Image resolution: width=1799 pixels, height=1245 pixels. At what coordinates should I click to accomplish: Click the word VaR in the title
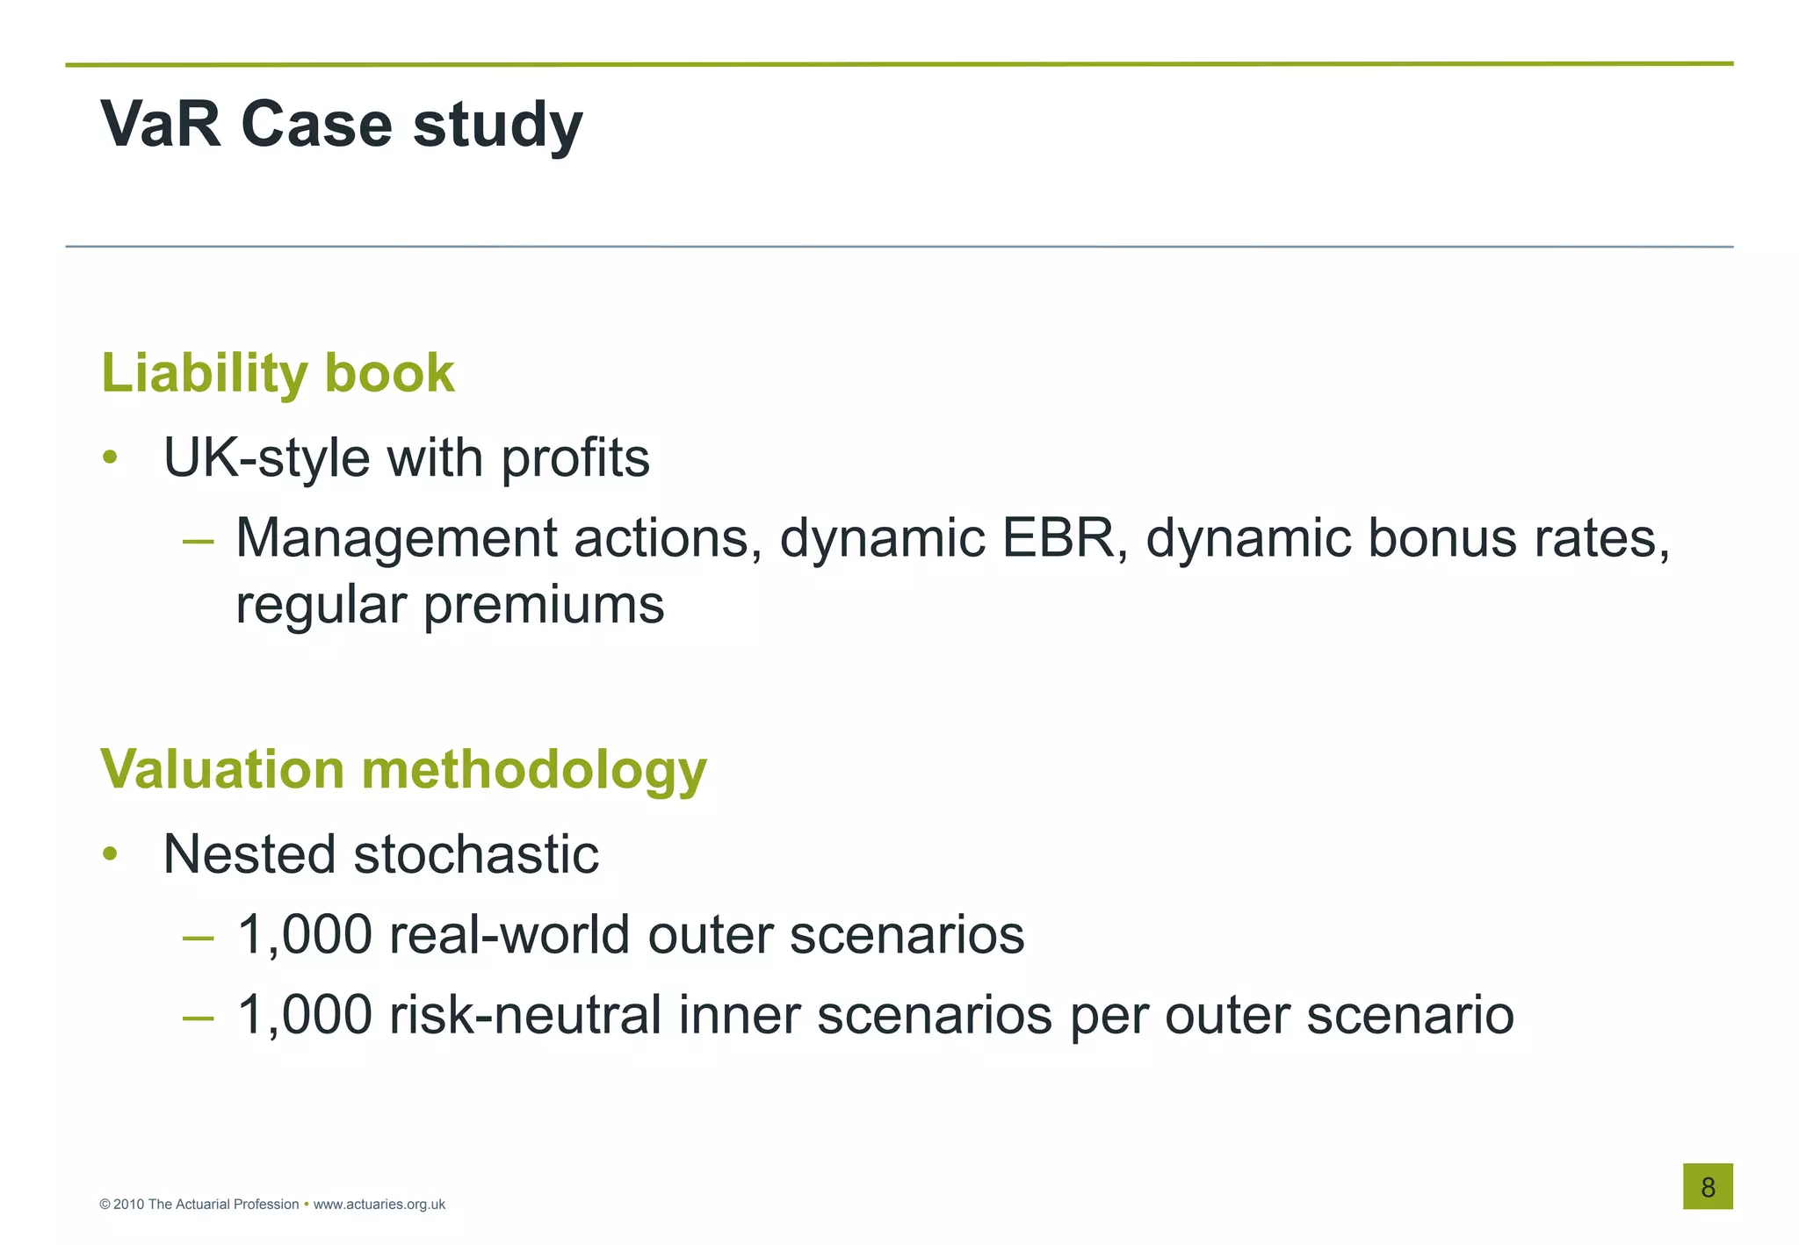pos(161,124)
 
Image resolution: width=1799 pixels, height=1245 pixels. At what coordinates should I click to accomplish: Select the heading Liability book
pos(278,374)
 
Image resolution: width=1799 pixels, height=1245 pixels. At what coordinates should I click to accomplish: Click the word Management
pos(395,539)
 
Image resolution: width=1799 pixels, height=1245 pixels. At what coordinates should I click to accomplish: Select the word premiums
pos(544,606)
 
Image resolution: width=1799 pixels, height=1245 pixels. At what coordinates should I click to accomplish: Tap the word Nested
pos(249,854)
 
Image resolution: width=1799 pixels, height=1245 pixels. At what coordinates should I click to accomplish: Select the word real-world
pos(509,934)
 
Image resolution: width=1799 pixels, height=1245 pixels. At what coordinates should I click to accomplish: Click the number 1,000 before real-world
pos(304,935)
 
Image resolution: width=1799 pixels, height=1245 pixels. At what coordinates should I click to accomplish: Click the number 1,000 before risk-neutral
pos(304,1016)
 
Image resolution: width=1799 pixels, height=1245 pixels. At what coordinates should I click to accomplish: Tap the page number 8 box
pos(1707,1186)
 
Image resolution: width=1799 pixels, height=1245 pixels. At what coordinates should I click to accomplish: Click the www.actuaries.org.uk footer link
pos(379,1205)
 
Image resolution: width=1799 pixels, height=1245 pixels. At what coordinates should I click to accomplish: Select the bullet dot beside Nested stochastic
pos(110,854)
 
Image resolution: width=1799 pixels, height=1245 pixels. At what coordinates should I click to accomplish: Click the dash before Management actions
pos(198,541)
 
